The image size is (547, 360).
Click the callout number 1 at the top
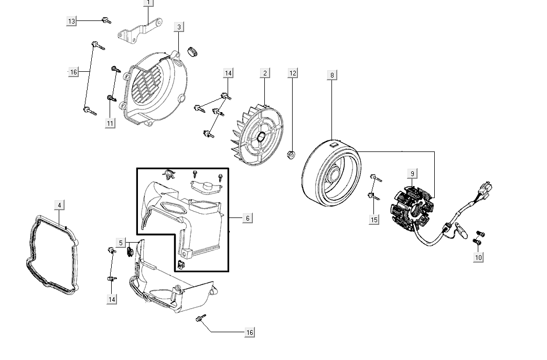(x=148, y=3)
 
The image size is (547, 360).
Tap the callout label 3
(x=179, y=27)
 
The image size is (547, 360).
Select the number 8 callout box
(x=331, y=75)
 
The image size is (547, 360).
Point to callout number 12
(x=293, y=73)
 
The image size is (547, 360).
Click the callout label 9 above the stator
(x=412, y=173)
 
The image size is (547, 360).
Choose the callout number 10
(x=478, y=257)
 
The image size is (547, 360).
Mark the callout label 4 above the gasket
(x=59, y=205)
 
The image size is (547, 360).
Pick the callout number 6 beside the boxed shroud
(x=248, y=217)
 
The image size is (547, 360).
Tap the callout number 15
(x=373, y=220)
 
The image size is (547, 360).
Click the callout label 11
(x=110, y=123)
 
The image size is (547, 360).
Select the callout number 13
(x=72, y=21)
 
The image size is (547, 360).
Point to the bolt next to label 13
(x=106, y=20)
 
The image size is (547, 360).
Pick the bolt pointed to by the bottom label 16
(x=201, y=319)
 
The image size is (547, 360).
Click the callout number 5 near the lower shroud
(x=121, y=243)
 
